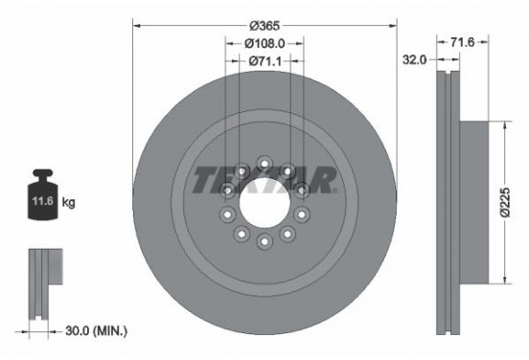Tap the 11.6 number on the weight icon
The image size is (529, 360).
pyautogui.click(x=43, y=204)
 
